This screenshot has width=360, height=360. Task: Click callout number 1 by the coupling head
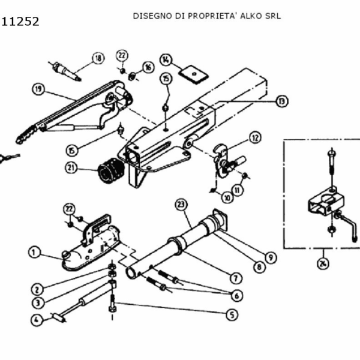36,252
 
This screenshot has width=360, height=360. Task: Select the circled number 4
37,320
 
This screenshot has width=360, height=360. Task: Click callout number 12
255,137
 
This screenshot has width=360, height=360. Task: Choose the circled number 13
281,101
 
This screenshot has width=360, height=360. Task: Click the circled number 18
98,58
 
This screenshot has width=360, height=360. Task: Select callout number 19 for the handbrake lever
39,89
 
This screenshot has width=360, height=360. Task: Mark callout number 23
181,205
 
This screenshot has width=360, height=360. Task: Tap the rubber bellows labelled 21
110,172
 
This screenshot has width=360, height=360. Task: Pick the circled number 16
148,67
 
